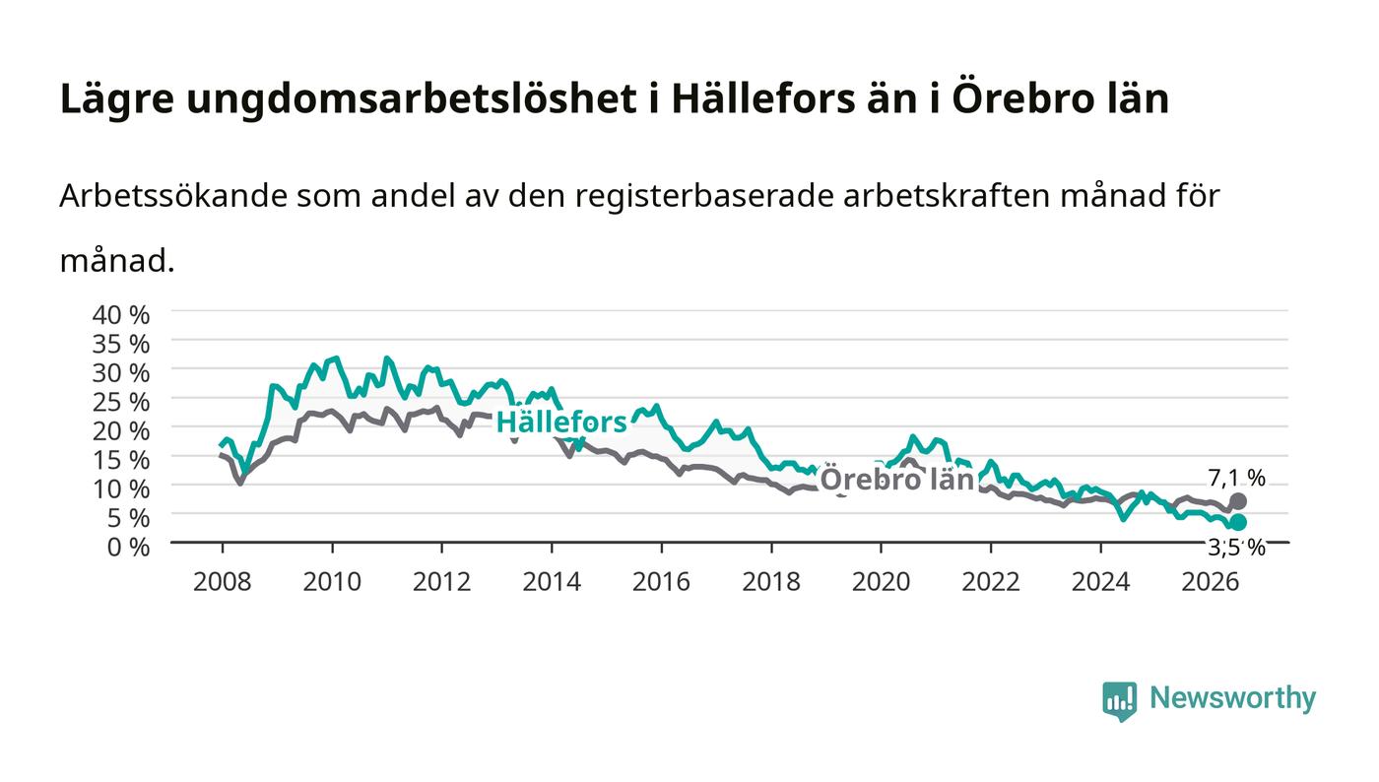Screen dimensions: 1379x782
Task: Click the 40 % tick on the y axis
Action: (120, 314)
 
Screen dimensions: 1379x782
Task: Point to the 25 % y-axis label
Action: (120, 402)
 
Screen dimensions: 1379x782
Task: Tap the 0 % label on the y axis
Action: (128, 547)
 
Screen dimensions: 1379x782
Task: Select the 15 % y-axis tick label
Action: (120, 460)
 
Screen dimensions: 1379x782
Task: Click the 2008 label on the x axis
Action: (223, 582)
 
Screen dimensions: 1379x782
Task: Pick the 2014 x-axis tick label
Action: (552, 582)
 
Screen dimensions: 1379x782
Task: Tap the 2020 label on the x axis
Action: (881, 582)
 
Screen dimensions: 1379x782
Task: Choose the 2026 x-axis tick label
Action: (1211, 582)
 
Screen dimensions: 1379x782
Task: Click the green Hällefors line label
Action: (561, 423)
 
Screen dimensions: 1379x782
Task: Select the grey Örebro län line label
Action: (897, 479)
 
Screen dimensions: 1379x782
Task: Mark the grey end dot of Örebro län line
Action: (1238, 501)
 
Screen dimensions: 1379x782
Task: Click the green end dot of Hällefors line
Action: (1238, 522)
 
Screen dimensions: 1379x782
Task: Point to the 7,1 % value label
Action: (1236, 478)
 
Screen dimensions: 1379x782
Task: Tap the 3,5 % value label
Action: (1236, 547)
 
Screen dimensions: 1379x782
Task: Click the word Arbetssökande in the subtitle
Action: (173, 196)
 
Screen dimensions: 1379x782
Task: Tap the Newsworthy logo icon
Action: (1120, 700)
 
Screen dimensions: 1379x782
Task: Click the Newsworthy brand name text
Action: (1232, 698)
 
